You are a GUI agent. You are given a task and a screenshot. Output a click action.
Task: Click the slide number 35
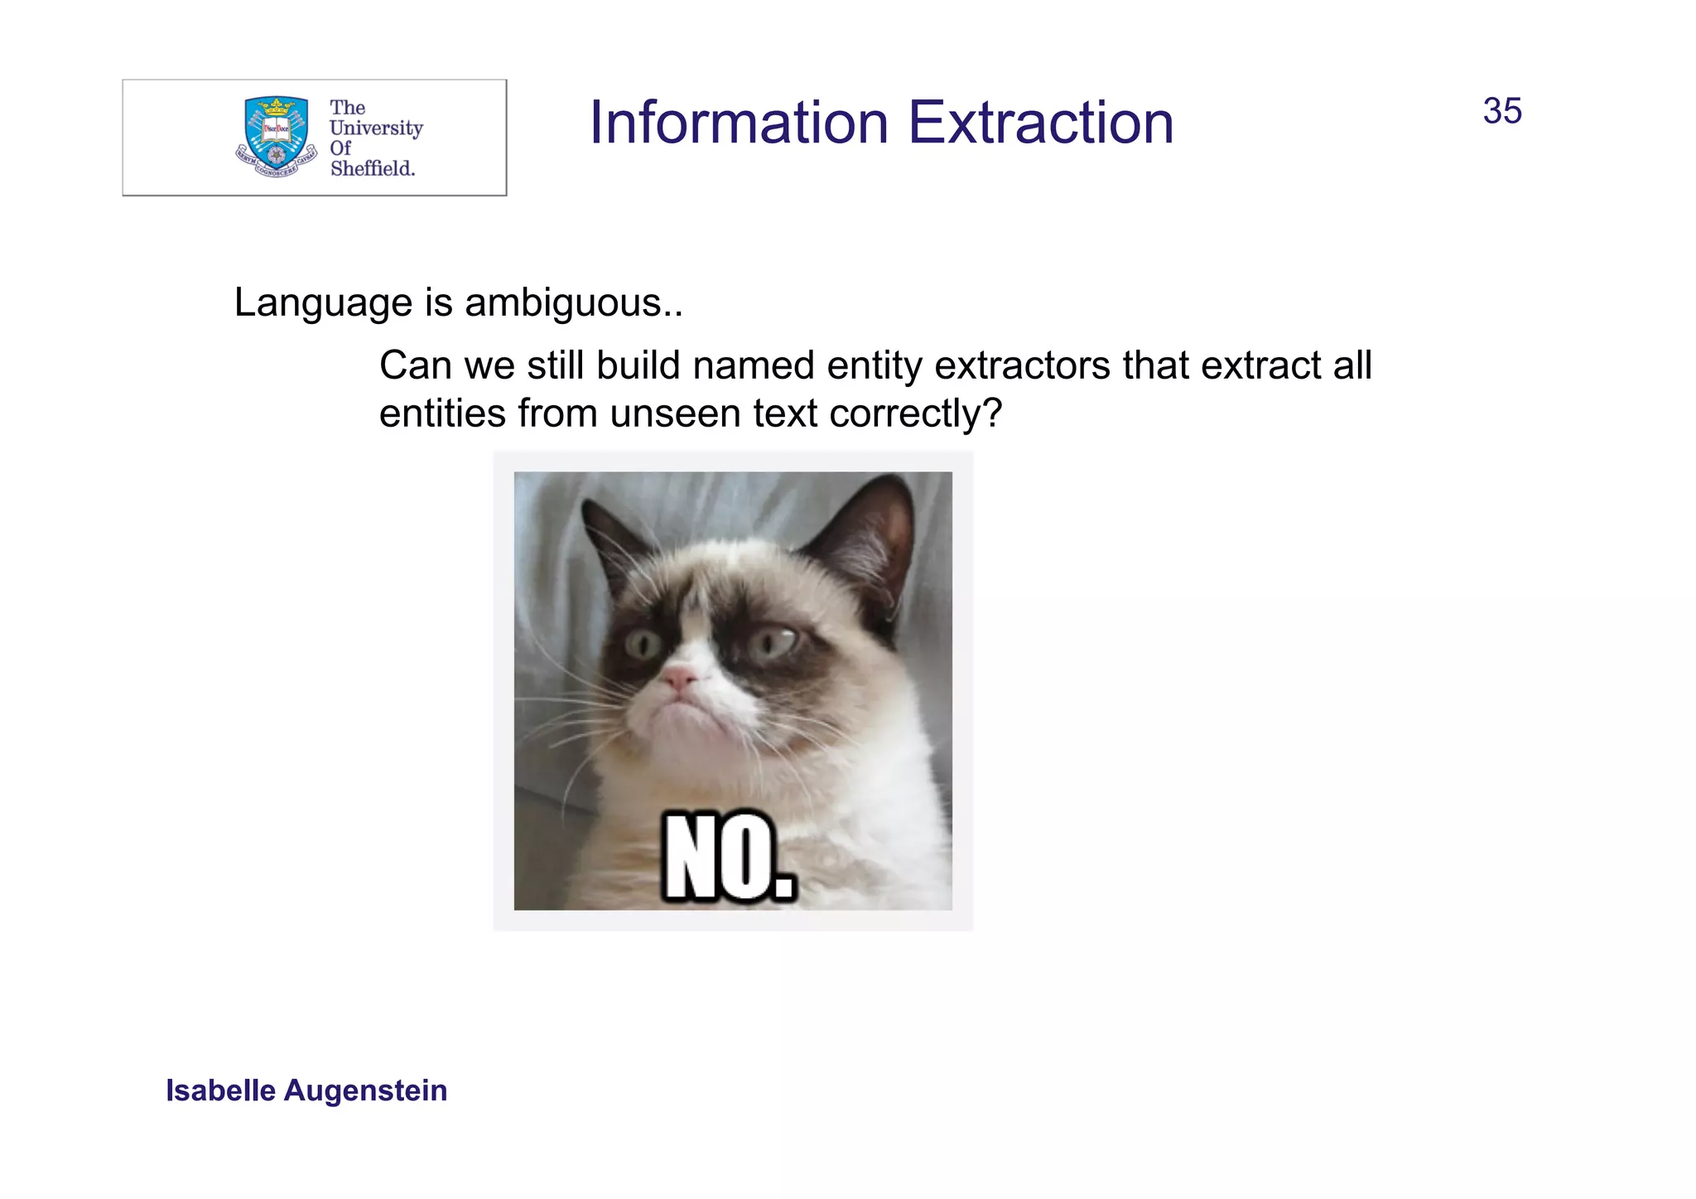tap(1501, 111)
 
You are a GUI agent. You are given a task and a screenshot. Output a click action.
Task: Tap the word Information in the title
tap(739, 123)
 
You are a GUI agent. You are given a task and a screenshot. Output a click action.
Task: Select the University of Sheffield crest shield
tap(276, 133)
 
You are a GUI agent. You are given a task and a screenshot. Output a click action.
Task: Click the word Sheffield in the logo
tap(372, 168)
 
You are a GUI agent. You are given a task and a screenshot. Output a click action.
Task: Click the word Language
tap(322, 303)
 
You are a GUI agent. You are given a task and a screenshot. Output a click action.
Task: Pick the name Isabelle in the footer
tap(220, 1090)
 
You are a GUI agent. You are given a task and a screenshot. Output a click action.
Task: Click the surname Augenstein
tap(365, 1090)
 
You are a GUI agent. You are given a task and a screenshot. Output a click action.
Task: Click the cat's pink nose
tap(681, 680)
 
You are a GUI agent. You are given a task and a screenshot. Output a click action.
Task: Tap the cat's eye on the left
tap(643, 643)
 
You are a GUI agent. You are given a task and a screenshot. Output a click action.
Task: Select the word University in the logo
tap(376, 128)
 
